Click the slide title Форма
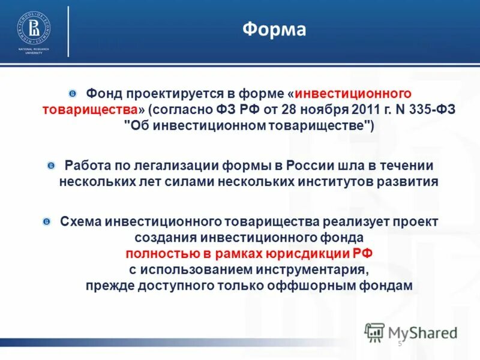point(274,30)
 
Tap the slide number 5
point(400,343)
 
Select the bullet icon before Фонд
point(73,94)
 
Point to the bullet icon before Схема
point(47,221)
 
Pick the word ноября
point(289,110)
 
